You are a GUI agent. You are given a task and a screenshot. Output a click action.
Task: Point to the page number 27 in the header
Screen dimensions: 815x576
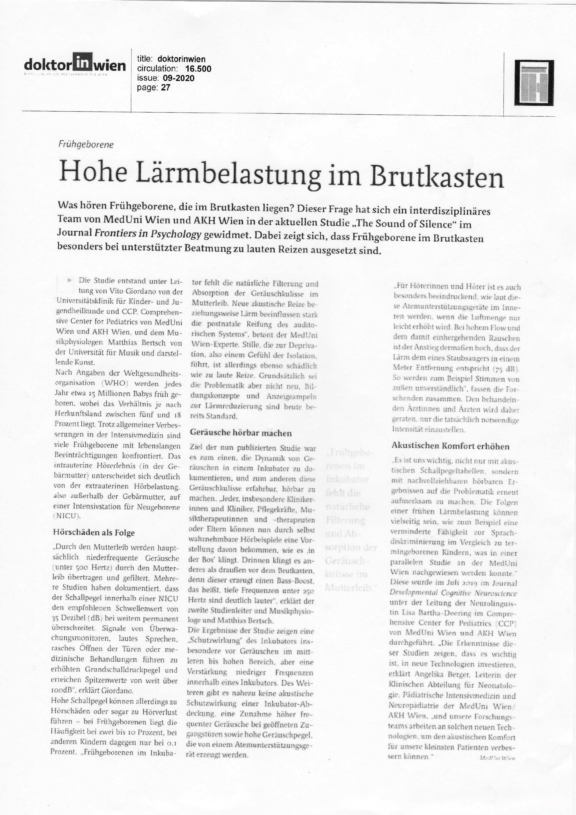click(166, 87)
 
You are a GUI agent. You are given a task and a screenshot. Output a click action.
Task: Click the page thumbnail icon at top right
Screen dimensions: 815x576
click(534, 83)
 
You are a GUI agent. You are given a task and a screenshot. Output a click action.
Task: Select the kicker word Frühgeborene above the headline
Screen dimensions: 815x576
click(86, 145)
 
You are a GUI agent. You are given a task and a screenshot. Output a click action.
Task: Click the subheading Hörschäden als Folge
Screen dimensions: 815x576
click(94, 533)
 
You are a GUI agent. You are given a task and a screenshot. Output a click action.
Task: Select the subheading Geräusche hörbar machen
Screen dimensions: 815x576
click(241, 433)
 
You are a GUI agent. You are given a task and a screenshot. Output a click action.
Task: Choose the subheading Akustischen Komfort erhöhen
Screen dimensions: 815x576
click(450, 446)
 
